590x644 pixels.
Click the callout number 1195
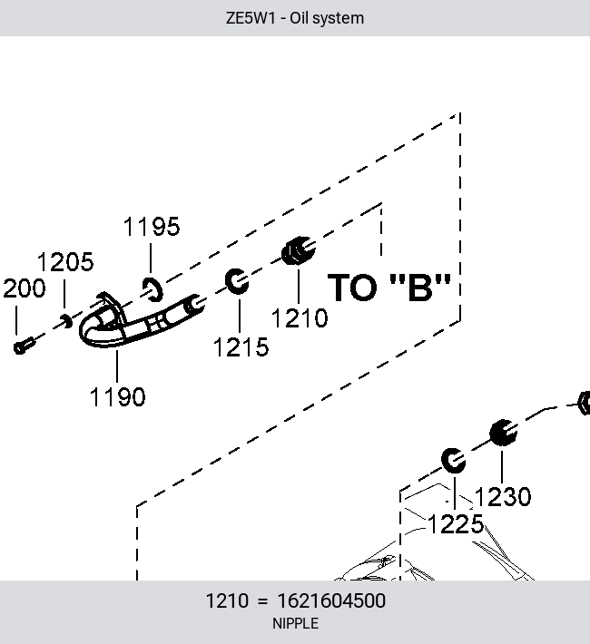[152, 226]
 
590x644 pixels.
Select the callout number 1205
[65, 261]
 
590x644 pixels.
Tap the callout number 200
[25, 288]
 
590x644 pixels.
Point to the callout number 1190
[118, 396]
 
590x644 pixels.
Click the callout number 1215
[241, 347]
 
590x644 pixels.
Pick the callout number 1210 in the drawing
[300, 318]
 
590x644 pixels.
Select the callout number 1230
[503, 496]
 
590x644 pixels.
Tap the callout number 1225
[456, 524]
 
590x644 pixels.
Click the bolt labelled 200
[24, 346]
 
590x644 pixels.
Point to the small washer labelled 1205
[65, 321]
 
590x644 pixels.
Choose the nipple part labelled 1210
[298, 250]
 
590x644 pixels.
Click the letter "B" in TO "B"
[420, 288]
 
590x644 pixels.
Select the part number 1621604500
[331, 600]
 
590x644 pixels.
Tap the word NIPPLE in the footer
[295, 623]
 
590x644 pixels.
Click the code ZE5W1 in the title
[250, 18]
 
